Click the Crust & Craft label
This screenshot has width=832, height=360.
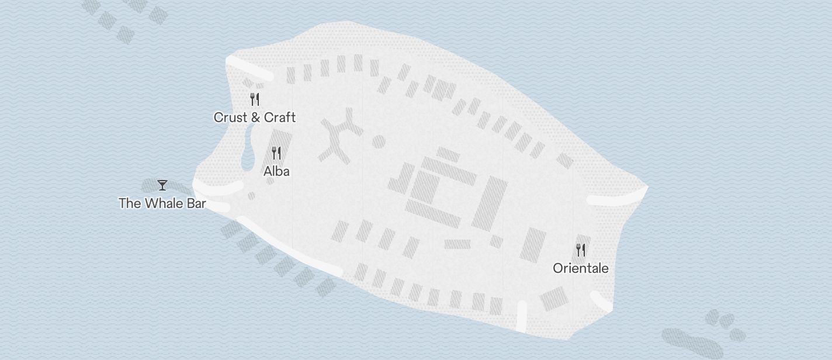(255, 117)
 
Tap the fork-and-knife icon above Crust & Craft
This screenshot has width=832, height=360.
(255, 99)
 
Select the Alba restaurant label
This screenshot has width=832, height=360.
(276, 171)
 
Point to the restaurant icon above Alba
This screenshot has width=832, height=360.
(277, 153)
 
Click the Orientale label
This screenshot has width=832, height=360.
(581, 268)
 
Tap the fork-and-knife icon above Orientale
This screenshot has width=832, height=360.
(581, 250)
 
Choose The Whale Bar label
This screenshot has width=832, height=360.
(162, 203)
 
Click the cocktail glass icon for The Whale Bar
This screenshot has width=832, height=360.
(162, 185)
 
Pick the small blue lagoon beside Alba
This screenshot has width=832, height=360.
(247, 150)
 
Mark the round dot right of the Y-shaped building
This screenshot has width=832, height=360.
(379, 141)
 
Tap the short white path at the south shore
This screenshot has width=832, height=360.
(521, 316)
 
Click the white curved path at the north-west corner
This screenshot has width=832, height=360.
(250, 68)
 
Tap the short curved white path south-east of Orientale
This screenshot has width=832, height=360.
(601, 300)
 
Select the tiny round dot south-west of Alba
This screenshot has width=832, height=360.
(251, 196)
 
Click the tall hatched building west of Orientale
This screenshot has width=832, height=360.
(532, 244)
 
